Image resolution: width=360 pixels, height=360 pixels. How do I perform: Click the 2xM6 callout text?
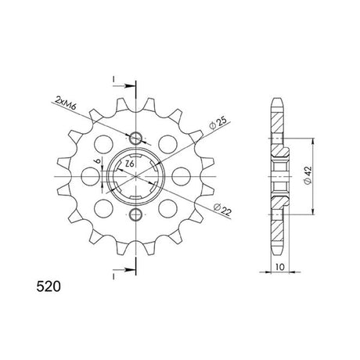pyautogui.click(x=65, y=103)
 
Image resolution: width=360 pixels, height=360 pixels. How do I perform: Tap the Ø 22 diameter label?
pyautogui.click(x=222, y=210)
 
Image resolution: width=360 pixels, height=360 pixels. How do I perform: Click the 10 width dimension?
pyautogui.click(x=279, y=267)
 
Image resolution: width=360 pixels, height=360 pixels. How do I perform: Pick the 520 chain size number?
pyautogui.click(x=49, y=286)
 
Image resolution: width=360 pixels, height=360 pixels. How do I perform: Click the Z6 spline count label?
pyautogui.click(x=130, y=164)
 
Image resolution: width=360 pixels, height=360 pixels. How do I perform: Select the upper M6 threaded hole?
pyautogui.click(x=135, y=138)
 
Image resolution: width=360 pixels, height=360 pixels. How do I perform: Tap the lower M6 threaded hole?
pyautogui.click(x=135, y=214)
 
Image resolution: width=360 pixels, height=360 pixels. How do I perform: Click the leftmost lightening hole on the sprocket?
pyautogui.click(x=91, y=176)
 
